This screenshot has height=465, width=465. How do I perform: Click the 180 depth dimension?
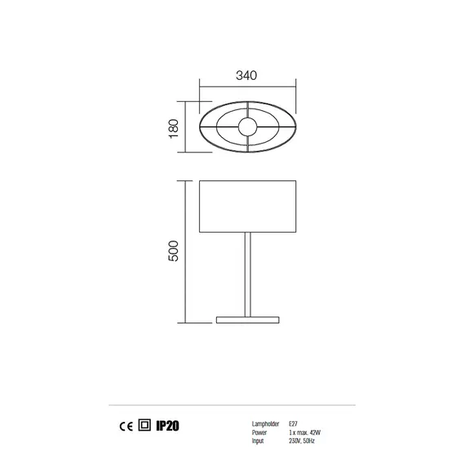pos(173,126)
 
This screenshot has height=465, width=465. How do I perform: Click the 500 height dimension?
pos(172,251)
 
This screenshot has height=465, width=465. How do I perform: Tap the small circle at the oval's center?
pos(247,126)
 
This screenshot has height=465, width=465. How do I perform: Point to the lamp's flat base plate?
pos(247,317)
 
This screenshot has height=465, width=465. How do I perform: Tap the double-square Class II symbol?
pos(144,425)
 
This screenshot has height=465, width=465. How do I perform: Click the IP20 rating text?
pos(167,425)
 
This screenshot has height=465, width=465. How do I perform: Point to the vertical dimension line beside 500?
pos(187,251)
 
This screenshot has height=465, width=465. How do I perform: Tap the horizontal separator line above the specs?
pos(232,405)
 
